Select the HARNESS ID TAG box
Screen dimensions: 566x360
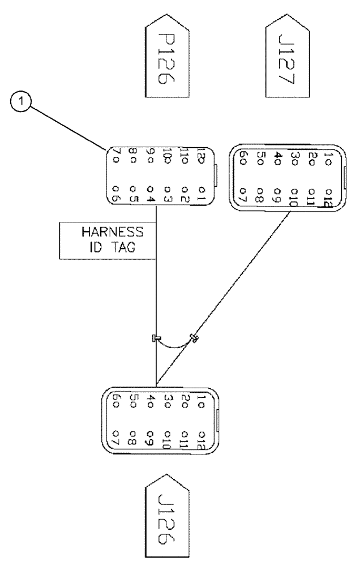[101, 240]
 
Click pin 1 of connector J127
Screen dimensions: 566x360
[331, 156]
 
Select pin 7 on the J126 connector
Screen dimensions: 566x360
[115, 438]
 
